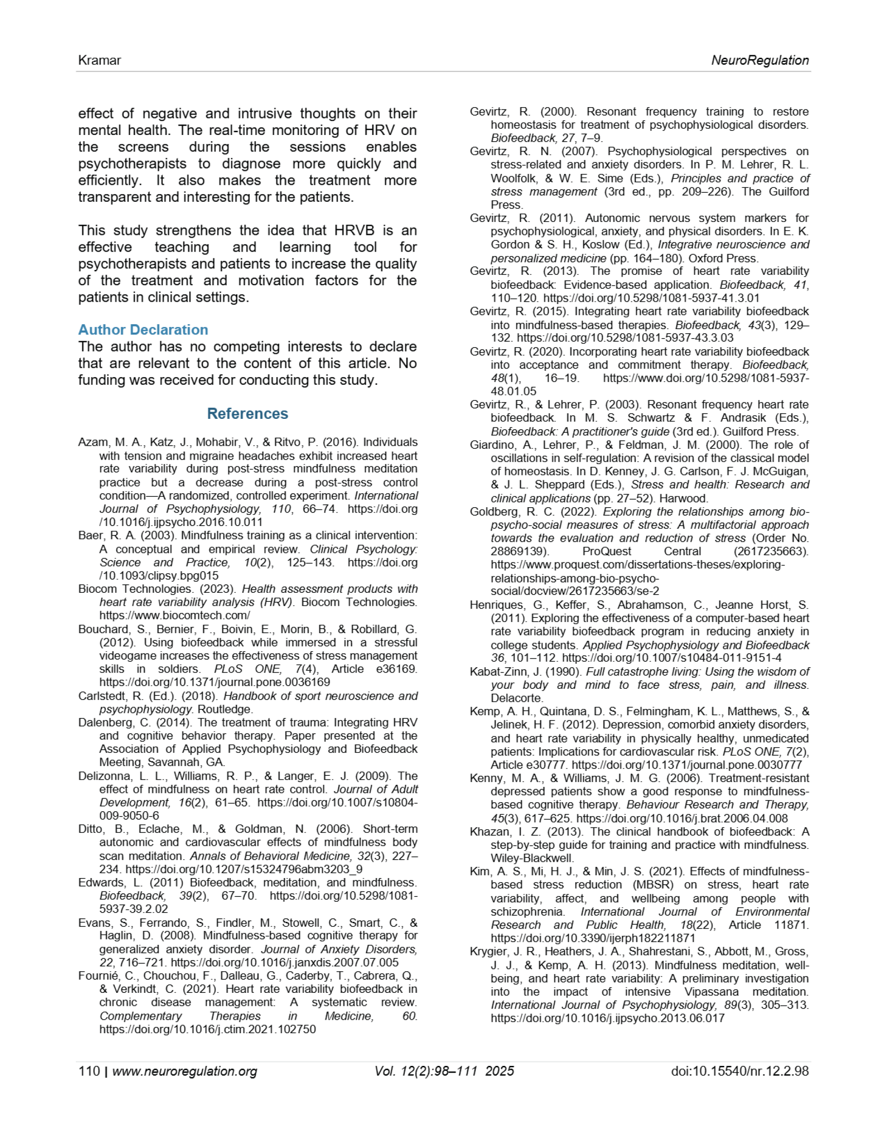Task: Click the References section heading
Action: [247, 413]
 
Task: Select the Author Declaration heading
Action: [143, 330]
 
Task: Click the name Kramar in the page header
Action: [100, 61]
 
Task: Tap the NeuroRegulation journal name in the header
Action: [760, 61]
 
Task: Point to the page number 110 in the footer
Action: [89, 1071]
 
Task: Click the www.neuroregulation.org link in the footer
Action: [185, 1071]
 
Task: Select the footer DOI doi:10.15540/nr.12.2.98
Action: [740, 1071]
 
